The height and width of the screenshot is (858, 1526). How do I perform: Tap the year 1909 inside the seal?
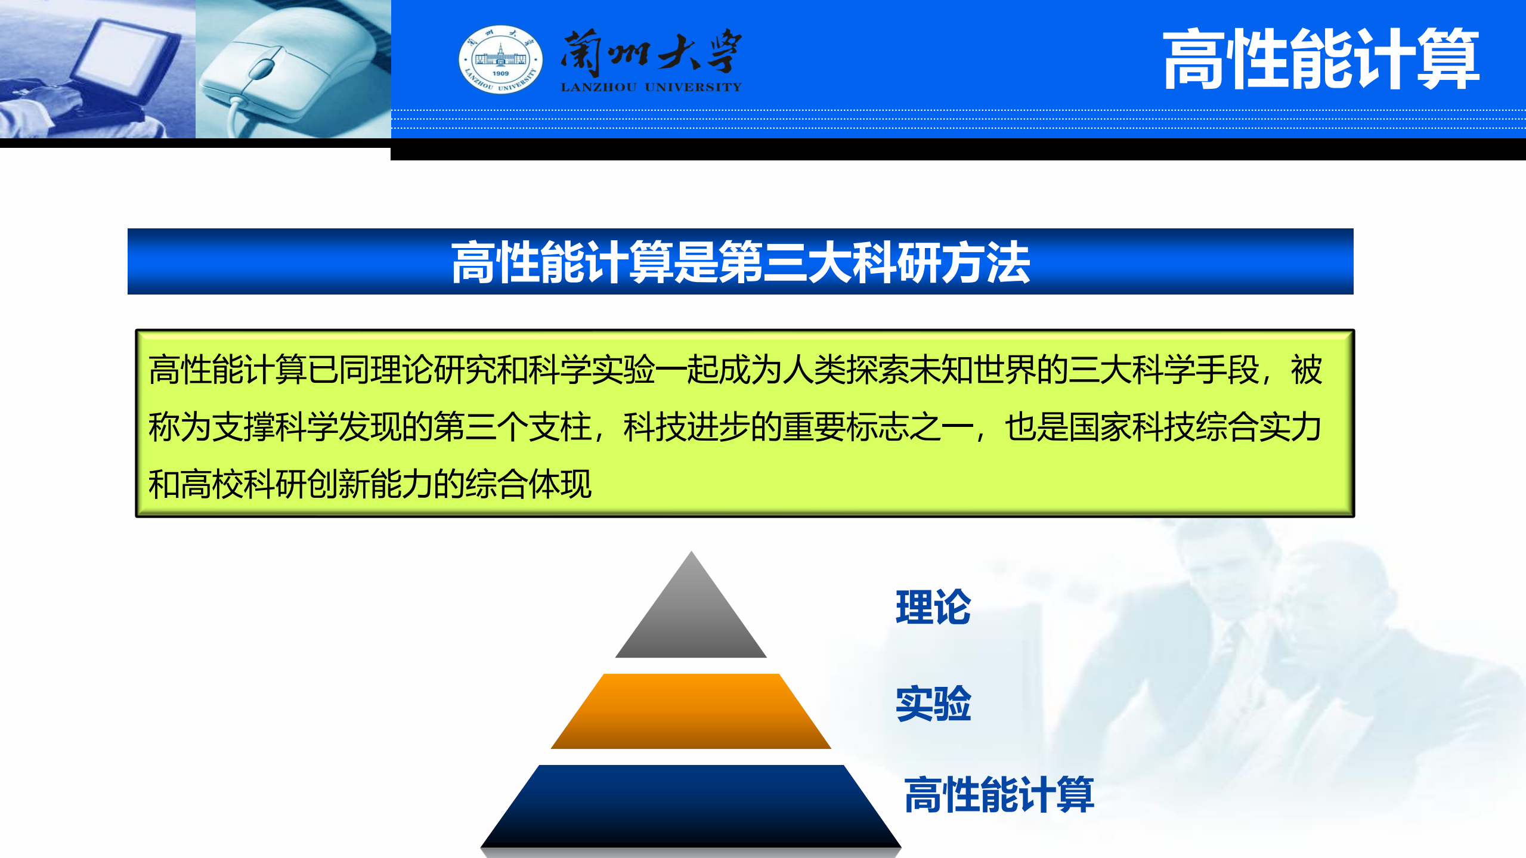(501, 74)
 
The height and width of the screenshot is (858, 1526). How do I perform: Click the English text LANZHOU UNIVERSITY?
(651, 88)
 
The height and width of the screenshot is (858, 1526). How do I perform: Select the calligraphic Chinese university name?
(651, 52)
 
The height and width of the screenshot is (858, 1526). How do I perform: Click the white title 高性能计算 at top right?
(1320, 60)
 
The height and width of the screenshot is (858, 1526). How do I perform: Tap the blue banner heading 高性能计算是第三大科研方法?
(740, 262)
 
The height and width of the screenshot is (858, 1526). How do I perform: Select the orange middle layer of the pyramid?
(691, 712)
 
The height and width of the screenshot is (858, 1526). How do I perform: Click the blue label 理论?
(933, 608)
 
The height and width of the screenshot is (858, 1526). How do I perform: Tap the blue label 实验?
(933, 704)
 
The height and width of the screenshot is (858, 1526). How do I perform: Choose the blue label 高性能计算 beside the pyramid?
(999, 795)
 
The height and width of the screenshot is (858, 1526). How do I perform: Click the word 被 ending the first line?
(1306, 370)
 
